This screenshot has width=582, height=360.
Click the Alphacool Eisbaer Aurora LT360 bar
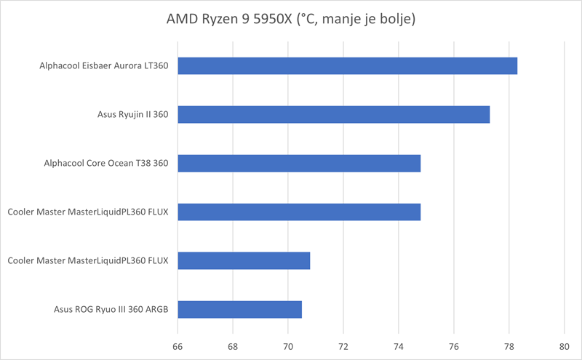coord(348,66)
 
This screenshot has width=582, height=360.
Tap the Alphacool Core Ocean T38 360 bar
coord(299,164)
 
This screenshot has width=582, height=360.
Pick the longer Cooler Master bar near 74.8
coord(299,212)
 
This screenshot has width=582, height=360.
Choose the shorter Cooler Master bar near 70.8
coord(244,260)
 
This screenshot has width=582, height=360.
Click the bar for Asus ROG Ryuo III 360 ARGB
coord(239,309)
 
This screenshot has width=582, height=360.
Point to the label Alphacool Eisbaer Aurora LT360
coord(104,66)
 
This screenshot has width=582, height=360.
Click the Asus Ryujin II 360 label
coord(133,115)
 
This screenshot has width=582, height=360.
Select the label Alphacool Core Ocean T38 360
coord(106,164)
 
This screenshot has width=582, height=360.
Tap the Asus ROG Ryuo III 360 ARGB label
coord(111,309)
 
